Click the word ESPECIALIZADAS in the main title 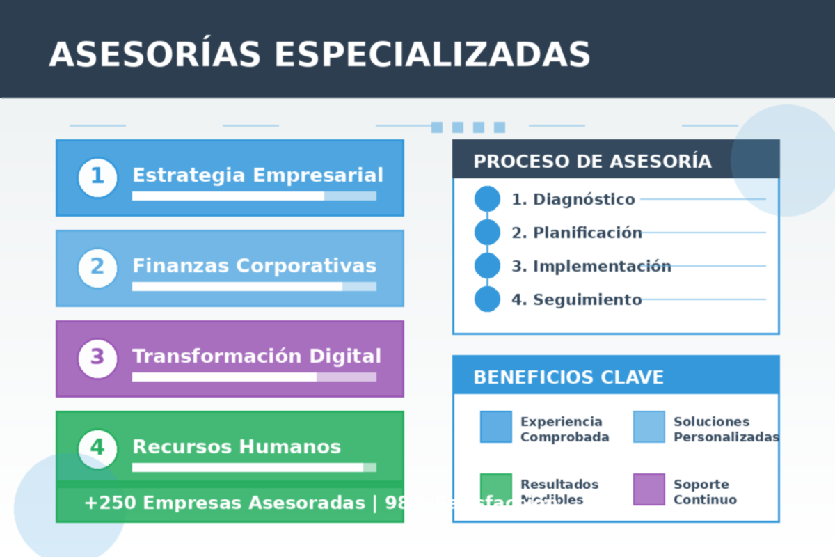click(x=432, y=54)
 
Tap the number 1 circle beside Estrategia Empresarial click(x=97, y=177)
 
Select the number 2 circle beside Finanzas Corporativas click(x=97, y=267)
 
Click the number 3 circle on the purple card click(x=97, y=358)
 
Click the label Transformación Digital click(x=257, y=356)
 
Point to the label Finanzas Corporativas click(x=254, y=266)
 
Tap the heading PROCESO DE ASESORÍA click(x=592, y=162)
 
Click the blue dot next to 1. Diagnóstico click(x=487, y=199)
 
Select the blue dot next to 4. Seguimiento click(x=487, y=299)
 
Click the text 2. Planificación click(x=577, y=233)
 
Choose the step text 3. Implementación click(x=591, y=266)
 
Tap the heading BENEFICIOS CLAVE click(x=568, y=377)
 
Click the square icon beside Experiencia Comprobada click(x=495, y=427)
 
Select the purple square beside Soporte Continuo click(x=649, y=489)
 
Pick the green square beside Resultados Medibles click(x=495, y=489)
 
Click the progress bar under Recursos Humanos click(x=254, y=467)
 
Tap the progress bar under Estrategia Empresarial click(x=254, y=196)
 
